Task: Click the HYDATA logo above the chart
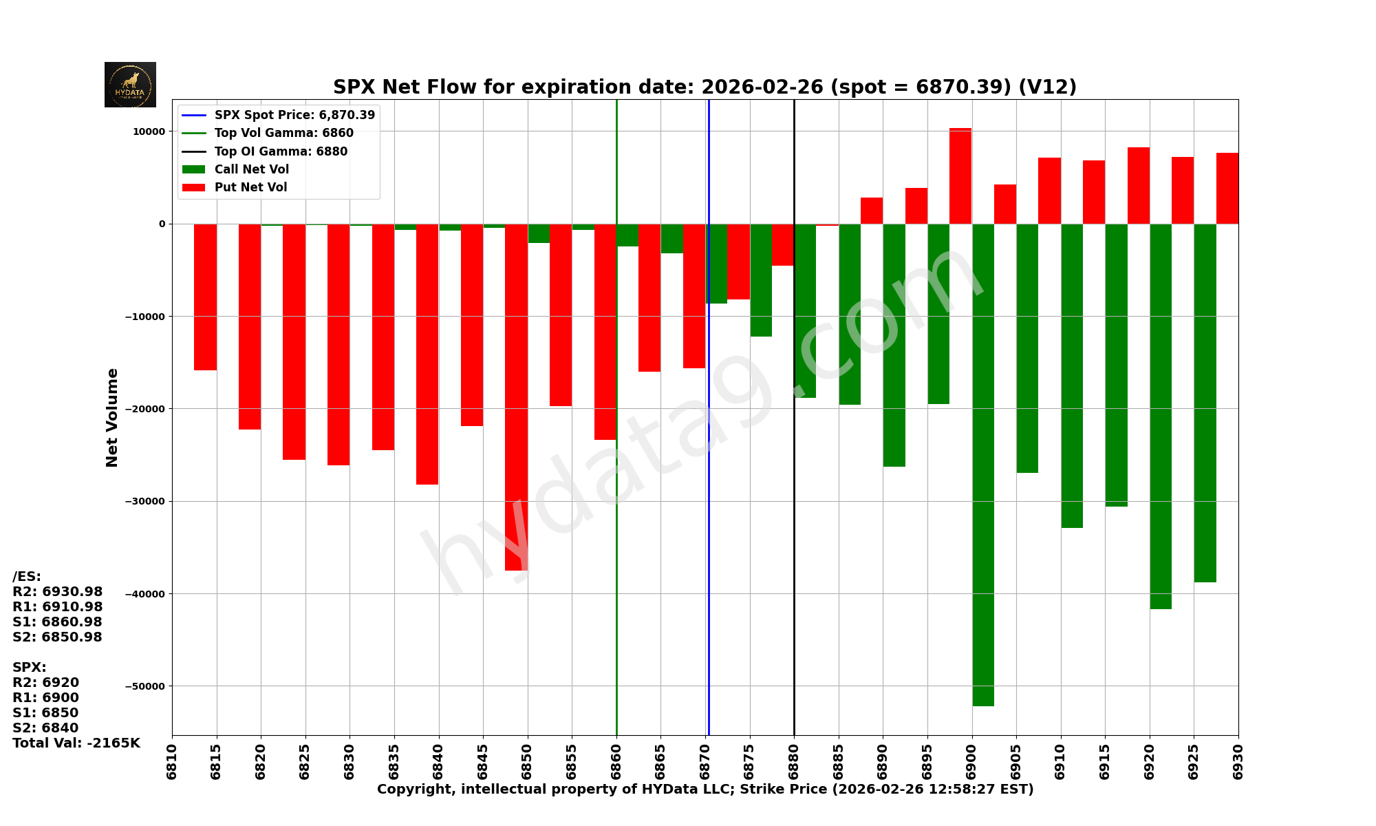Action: point(130,85)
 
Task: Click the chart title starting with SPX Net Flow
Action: point(705,87)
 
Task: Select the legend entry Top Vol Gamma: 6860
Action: point(283,134)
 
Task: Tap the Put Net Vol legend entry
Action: point(250,187)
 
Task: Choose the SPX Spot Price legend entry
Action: point(294,115)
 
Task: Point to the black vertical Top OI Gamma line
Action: point(794,551)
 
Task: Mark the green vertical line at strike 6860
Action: point(616,585)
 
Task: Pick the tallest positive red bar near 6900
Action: point(960,176)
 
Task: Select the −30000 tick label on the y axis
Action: point(144,501)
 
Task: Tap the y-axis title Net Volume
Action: point(112,417)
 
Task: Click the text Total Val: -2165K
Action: point(76,743)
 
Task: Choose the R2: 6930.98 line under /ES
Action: point(58,591)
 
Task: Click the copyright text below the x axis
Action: point(705,790)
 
